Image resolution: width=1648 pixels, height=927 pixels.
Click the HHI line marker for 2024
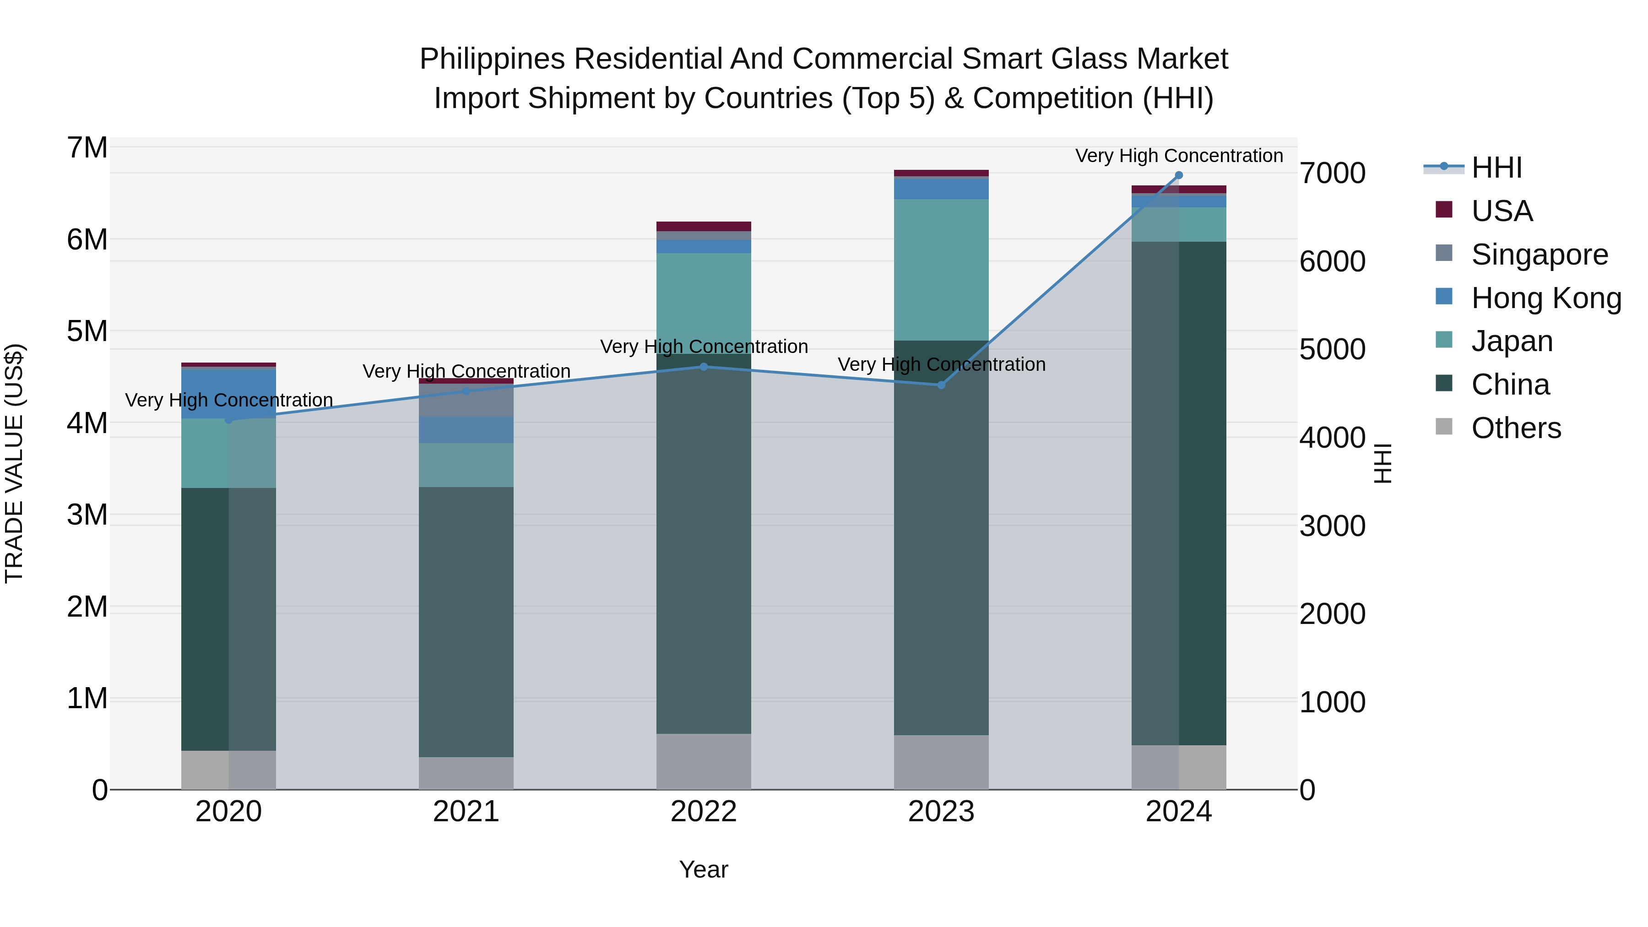[x=1178, y=175]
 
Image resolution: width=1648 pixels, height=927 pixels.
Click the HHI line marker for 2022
[x=704, y=367]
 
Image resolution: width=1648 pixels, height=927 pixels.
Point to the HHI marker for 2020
[x=228, y=420]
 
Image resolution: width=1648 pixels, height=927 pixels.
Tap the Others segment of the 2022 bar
[x=704, y=761]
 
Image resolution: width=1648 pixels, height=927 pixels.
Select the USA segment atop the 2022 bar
[x=704, y=226]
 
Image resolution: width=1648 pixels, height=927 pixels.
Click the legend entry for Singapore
[x=1539, y=255]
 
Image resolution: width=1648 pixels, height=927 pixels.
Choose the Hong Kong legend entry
[x=1545, y=298]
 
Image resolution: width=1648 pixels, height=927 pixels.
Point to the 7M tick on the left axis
[x=87, y=148]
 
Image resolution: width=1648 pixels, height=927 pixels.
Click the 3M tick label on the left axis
[x=87, y=515]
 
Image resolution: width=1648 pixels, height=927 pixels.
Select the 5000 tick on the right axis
[x=1333, y=349]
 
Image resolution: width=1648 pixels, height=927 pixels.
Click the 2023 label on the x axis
[x=941, y=812]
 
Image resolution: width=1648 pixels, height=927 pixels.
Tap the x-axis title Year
[x=704, y=869]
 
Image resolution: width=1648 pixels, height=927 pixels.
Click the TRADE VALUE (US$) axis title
[x=14, y=463]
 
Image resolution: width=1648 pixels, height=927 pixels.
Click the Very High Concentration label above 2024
[x=1178, y=156]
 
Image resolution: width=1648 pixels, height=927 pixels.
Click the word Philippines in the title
[x=492, y=59]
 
